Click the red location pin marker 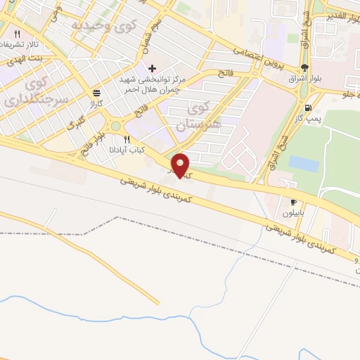pos(181,165)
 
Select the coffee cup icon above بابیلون pos(293,202)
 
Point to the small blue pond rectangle pos(303,163)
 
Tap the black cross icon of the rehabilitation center pos(152,67)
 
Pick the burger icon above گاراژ pos(96,92)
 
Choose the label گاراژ pos(96,102)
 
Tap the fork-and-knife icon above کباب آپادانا pos(127,139)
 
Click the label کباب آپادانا pos(127,149)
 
